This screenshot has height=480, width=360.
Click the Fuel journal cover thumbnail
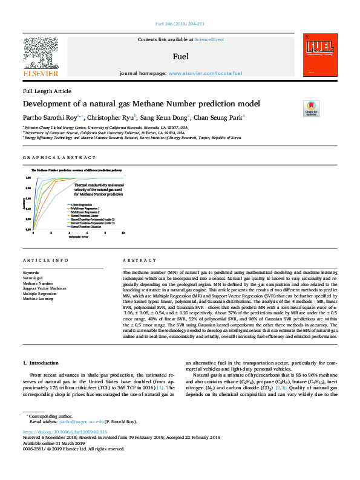point(319,56)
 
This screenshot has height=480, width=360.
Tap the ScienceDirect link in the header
point(209,39)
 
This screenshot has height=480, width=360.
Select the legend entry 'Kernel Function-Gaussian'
point(87,227)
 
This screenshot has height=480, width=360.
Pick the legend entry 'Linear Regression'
point(82,206)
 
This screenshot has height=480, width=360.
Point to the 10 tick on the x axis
point(123,232)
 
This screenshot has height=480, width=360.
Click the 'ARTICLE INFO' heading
point(43,260)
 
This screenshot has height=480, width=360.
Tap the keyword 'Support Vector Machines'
point(44,288)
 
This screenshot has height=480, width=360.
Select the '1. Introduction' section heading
point(42,363)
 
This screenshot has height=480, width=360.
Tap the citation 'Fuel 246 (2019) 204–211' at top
point(180,24)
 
